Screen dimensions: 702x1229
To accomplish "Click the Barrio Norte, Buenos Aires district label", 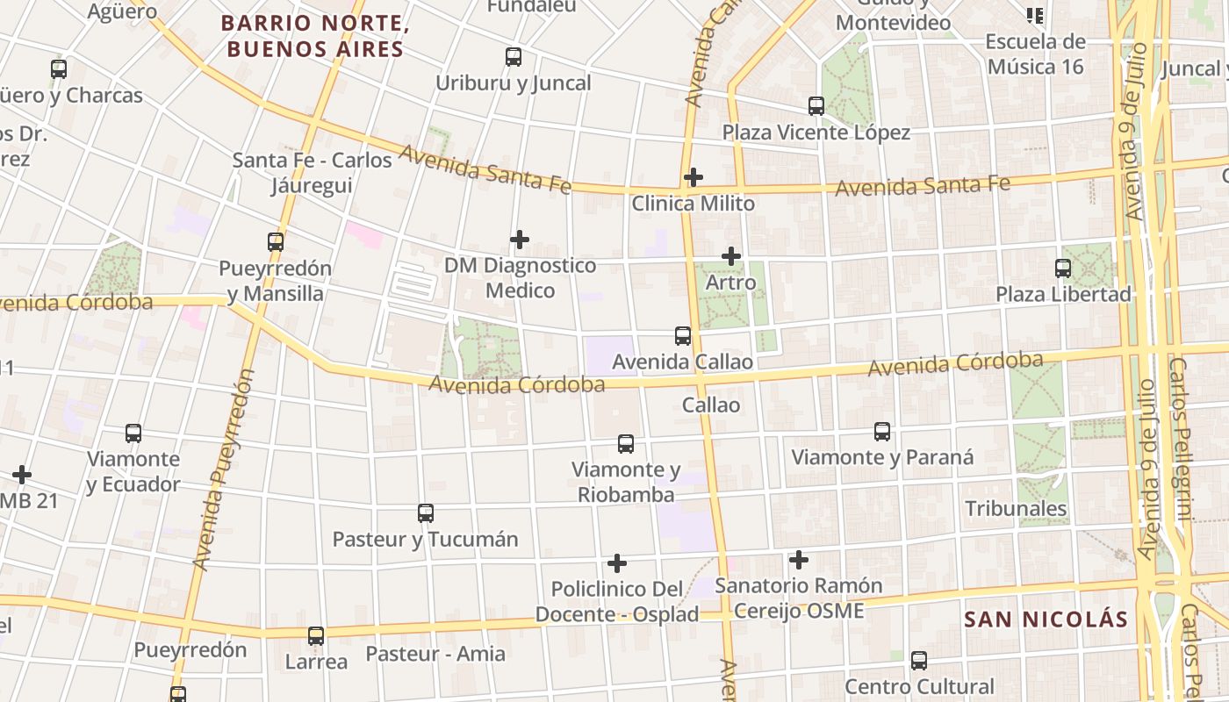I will [x=314, y=36].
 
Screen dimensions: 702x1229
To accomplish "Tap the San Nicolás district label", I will [x=1046, y=620].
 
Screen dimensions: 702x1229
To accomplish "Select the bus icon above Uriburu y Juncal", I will [x=514, y=57].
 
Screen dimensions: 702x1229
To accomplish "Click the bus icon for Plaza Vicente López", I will [x=816, y=106].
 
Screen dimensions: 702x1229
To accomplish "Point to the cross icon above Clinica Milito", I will [x=694, y=177].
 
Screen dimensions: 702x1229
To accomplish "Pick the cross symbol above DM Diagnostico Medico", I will [x=520, y=239].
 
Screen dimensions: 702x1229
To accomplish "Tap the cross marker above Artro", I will [x=731, y=256].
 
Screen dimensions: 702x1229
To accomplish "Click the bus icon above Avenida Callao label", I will [x=683, y=335].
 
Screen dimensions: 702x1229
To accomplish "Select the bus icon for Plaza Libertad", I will [x=1063, y=268].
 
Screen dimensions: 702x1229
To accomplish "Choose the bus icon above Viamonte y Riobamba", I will [x=626, y=444].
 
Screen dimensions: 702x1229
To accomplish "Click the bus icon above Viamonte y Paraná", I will [x=882, y=432].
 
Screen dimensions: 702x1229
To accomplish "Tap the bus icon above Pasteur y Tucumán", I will [x=426, y=513].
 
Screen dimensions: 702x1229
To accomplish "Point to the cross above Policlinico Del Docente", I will [x=617, y=562].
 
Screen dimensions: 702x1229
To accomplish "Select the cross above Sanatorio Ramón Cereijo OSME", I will [x=799, y=559].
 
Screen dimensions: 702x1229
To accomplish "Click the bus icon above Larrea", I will [x=316, y=636].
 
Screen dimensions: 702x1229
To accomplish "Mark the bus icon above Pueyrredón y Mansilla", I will [x=276, y=241].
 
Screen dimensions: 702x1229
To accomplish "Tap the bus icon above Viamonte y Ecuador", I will [x=133, y=433].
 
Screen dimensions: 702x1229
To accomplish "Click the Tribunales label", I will [x=1016, y=509].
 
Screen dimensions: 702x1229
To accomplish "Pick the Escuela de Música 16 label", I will [x=1035, y=54].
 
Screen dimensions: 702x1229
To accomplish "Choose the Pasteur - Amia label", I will [x=435, y=654].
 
